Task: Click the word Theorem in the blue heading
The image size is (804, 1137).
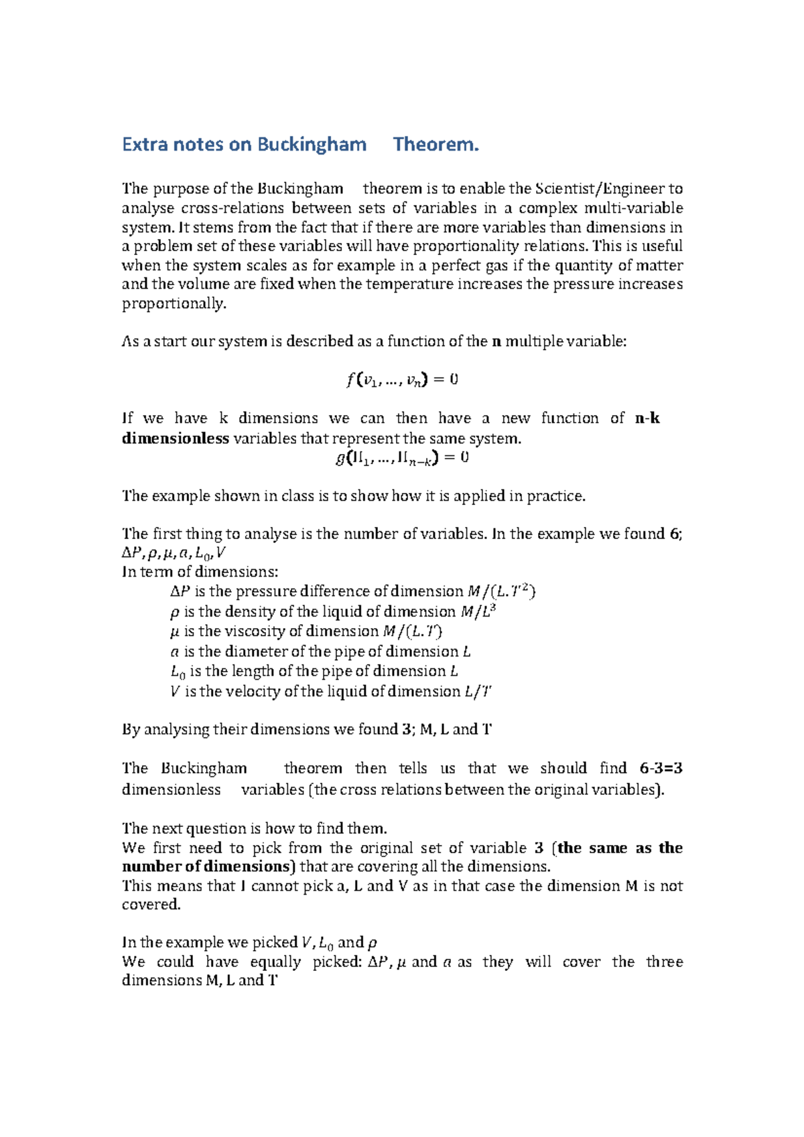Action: (435, 145)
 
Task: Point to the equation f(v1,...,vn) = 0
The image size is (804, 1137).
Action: (402, 380)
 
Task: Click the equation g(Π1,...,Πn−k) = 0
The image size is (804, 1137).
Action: (402, 458)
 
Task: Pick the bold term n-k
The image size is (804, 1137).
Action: (647, 419)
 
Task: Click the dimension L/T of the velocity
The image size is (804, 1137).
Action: (478, 692)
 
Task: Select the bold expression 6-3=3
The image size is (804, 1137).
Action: (661, 769)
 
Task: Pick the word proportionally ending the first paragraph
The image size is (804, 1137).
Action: (174, 304)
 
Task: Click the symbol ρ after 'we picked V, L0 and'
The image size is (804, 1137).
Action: (373, 943)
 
